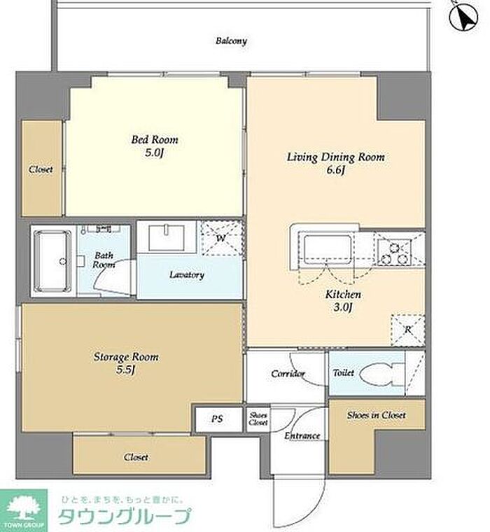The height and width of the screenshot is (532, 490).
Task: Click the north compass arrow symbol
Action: [x=463, y=16]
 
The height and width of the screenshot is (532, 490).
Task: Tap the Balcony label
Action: [x=231, y=41]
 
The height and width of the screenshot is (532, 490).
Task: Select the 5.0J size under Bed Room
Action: [x=155, y=153]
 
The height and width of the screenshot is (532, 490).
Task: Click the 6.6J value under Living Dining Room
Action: [x=335, y=170]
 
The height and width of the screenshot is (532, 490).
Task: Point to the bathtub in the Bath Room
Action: [x=54, y=261]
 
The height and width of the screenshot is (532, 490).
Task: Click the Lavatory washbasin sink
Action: [x=167, y=237]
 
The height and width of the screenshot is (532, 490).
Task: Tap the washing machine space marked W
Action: [x=221, y=238]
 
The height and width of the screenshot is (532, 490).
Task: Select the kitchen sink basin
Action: [x=328, y=248]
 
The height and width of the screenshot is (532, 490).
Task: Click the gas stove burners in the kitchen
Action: [x=394, y=252]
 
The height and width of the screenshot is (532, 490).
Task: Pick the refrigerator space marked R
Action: [x=408, y=330]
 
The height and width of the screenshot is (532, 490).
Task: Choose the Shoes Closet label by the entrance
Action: [x=258, y=419]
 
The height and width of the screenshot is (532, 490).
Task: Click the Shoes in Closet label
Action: [x=377, y=415]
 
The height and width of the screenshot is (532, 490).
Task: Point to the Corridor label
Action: [x=288, y=374]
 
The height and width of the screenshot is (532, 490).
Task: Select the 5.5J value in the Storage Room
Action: [x=126, y=370]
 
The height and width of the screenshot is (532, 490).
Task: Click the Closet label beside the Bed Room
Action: [x=41, y=169]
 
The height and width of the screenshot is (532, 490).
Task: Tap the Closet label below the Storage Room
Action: [x=136, y=457]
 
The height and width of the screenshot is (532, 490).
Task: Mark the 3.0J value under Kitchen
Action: [x=343, y=307]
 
